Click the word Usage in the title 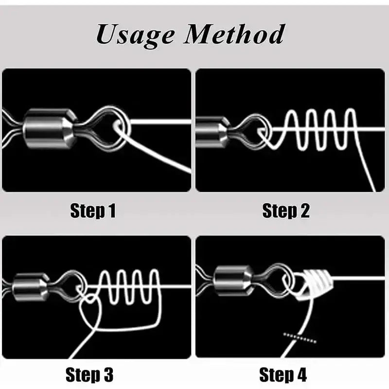tap(135, 35)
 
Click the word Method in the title tap(234, 34)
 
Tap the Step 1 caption tap(93, 211)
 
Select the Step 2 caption tap(286, 211)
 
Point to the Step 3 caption tap(89, 374)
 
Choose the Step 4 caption tap(283, 374)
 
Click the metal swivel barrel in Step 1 tap(50, 128)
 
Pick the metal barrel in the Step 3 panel tap(31, 287)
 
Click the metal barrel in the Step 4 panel tap(233, 281)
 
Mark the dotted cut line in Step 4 tap(300, 338)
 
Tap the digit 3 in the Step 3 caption tap(108, 374)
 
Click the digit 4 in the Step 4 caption tap(301, 374)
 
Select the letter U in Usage tap(106, 34)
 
